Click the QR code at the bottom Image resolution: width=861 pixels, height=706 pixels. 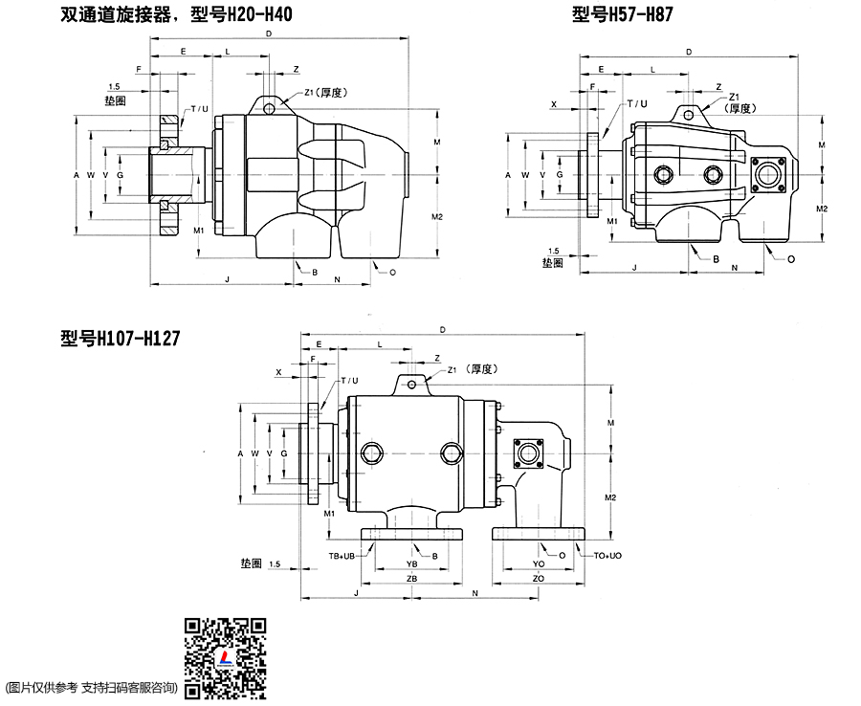225,658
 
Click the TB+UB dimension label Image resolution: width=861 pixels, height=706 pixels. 342,555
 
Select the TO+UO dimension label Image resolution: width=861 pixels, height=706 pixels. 608,555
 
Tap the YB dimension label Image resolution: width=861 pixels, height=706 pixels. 412,565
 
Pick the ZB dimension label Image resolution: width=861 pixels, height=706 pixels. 411,580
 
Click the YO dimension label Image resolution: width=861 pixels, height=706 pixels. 539,565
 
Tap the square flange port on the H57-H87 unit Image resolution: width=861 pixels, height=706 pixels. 767,175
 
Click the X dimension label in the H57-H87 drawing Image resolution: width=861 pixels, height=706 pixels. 554,103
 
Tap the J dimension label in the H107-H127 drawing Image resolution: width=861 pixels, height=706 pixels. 356,594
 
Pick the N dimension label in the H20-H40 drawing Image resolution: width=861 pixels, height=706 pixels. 338,279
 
